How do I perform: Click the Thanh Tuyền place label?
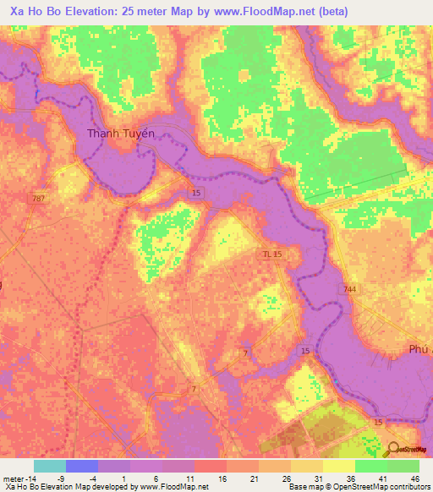(x=121, y=133)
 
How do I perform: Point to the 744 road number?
(x=348, y=289)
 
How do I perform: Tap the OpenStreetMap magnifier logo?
(x=392, y=450)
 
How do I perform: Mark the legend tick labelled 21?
(x=252, y=478)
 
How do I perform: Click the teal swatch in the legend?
(x=50, y=466)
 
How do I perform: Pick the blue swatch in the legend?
(x=82, y=466)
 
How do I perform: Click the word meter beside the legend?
(x=15, y=478)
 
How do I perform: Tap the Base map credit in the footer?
(x=308, y=487)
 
